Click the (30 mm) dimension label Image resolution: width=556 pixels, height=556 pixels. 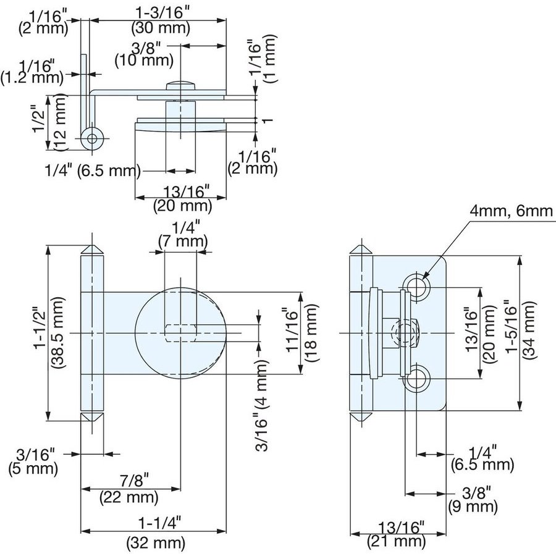(x=161, y=28)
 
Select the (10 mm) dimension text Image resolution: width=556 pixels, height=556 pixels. (x=143, y=61)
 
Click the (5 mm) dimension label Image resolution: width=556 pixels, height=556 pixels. (x=33, y=469)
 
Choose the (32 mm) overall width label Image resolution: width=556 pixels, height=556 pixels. (x=156, y=544)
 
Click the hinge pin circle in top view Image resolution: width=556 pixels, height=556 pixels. (x=92, y=138)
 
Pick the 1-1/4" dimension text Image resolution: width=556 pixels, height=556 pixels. (x=156, y=524)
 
